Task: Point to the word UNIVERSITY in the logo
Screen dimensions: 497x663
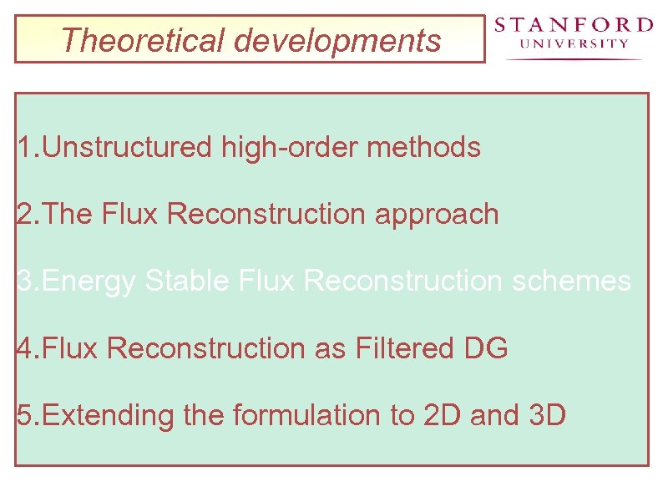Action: tap(574, 44)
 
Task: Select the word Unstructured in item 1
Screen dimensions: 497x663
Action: tap(127, 148)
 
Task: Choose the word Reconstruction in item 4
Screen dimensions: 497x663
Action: tap(206, 348)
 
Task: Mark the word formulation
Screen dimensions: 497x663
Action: tap(306, 415)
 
